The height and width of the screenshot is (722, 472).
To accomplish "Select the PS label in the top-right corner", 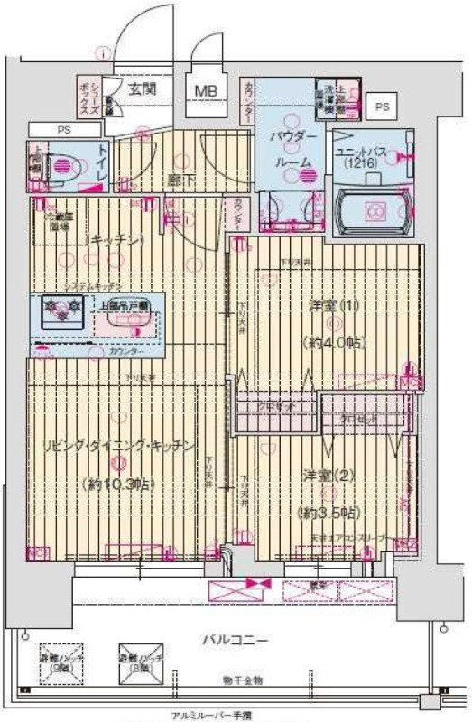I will click(x=383, y=107).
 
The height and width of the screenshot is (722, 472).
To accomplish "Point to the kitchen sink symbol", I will click(x=133, y=323).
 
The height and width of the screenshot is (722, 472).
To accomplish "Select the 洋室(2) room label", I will click(x=322, y=475).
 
